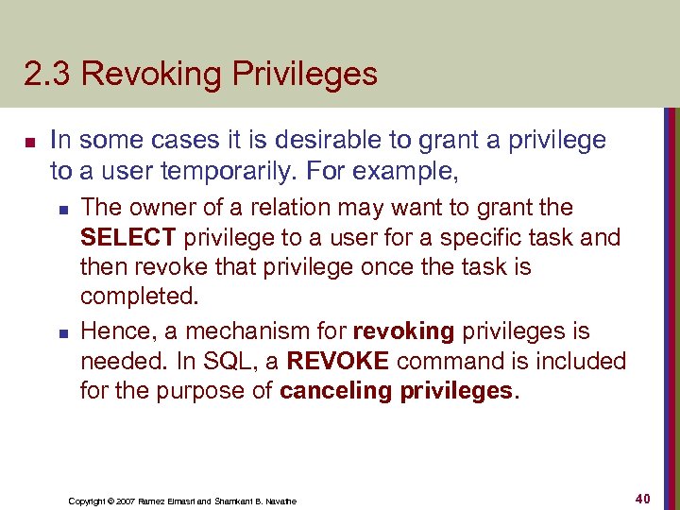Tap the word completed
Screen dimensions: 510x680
[139, 297]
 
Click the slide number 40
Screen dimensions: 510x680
[644, 498]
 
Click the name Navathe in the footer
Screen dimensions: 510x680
[279, 501]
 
